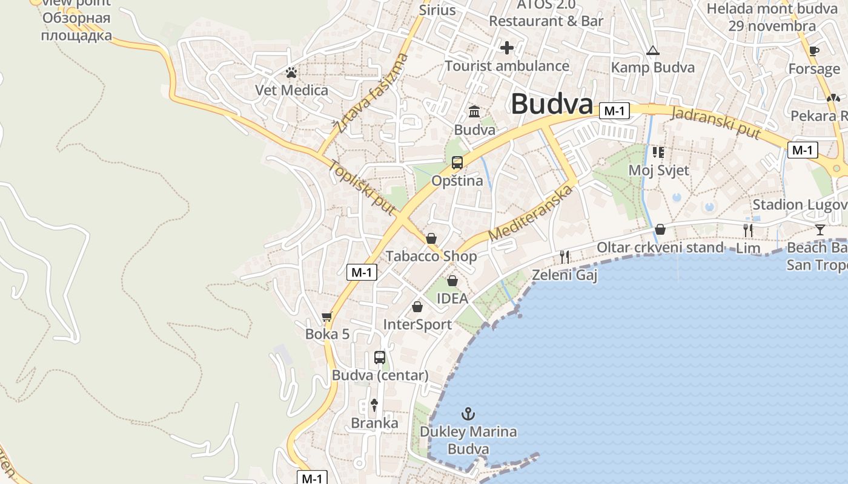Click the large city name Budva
[552, 104]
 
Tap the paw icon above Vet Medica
[291, 73]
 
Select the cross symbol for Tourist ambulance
[507, 48]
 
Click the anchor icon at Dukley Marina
[468, 414]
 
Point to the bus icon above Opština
[457, 163]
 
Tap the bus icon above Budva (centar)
[380, 357]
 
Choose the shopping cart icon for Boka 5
[327, 316]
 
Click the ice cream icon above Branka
[374, 405]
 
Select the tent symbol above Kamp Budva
[652, 50]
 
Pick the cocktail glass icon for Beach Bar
[820, 229]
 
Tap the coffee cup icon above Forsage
[813, 51]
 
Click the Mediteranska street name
[531, 212]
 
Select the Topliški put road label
[362, 188]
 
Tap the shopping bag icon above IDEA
[452, 281]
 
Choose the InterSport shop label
[417, 325]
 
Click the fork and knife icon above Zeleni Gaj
[565, 257]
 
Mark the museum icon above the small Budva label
[474, 112]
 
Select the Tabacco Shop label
[431, 256]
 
